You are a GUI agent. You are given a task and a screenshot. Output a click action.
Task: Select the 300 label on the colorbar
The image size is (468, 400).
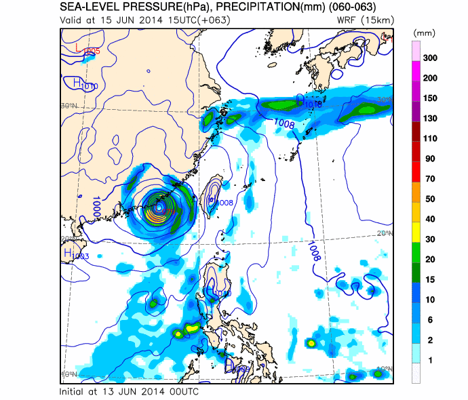(429, 58)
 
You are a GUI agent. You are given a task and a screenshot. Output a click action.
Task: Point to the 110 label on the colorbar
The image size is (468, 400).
(429, 138)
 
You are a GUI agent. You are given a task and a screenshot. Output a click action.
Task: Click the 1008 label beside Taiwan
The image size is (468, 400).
(224, 202)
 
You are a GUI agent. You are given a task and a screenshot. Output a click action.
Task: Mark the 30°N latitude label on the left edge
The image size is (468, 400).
(67, 106)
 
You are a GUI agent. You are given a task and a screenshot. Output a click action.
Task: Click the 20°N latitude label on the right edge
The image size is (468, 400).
(384, 233)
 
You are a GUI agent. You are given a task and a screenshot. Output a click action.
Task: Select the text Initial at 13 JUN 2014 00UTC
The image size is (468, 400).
(129, 392)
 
